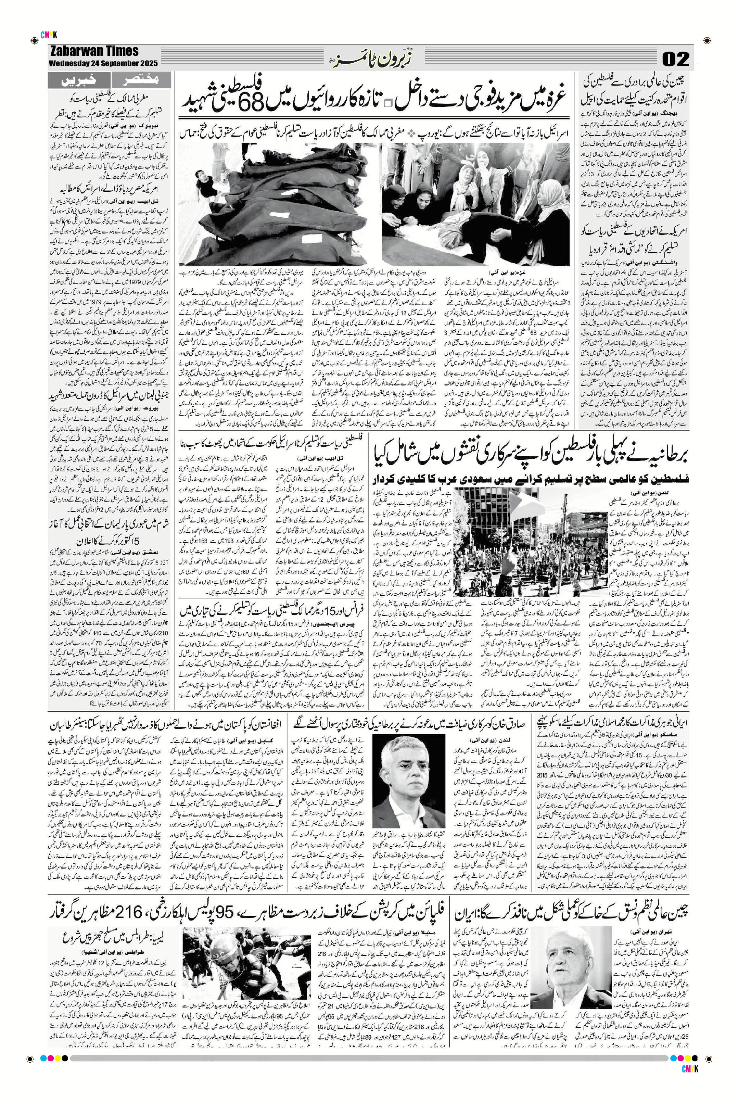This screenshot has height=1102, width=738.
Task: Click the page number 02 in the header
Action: click(675, 59)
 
